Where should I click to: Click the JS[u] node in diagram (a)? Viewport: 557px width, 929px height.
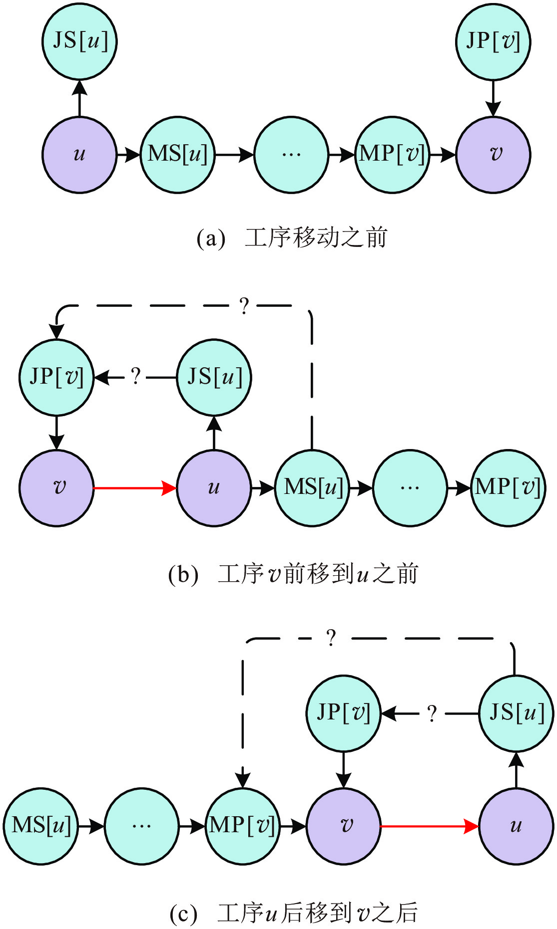79,41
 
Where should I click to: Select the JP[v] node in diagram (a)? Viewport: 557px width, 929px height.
493,41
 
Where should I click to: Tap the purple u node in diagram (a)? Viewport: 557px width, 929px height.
79,155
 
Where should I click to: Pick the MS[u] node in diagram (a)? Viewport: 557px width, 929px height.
177,155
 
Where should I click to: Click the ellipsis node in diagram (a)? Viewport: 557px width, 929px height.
291,155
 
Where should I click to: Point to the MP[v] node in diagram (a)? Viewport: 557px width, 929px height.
392,155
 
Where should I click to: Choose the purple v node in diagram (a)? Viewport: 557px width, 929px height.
493,155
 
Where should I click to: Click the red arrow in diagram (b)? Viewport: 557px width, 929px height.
135,488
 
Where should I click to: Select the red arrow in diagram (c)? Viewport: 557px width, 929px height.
430,826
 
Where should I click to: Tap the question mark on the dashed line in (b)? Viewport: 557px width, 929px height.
244,306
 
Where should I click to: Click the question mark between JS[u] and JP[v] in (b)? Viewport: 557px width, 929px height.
135,377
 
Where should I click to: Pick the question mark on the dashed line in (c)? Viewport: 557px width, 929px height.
331,638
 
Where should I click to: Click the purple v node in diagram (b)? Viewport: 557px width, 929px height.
57,488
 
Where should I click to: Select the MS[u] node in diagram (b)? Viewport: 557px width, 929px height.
312,488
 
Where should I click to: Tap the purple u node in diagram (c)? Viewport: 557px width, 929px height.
516,826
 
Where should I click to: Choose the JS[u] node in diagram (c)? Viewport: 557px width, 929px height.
516,713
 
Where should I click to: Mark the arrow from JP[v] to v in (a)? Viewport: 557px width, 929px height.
493,98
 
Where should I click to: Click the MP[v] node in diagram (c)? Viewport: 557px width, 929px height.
243,826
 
